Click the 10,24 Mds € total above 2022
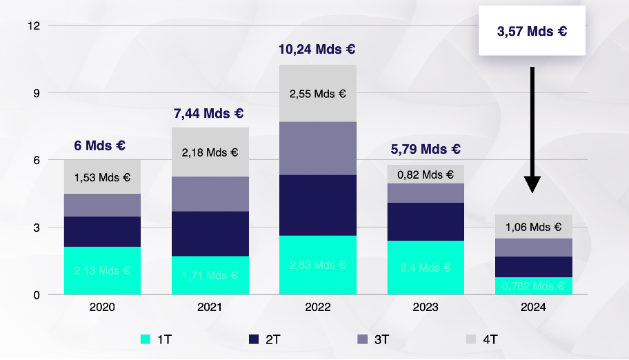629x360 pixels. coord(317,50)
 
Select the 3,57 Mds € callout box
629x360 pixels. coord(532,31)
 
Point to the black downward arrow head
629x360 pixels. coord(532,183)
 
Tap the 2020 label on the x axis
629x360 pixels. coord(102,308)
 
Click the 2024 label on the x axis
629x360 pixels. coord(533,308)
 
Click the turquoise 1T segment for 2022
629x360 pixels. coord(318,265)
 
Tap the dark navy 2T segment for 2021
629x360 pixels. coord(210,233)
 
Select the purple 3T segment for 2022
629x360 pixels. coord(318,148)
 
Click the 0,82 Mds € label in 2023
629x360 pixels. coord(426,175)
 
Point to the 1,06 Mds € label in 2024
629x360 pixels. coord(533,226)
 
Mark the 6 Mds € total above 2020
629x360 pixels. coord(99,146)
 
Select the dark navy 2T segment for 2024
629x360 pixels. coord(533,266)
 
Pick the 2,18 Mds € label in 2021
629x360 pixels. coord(210,152)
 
